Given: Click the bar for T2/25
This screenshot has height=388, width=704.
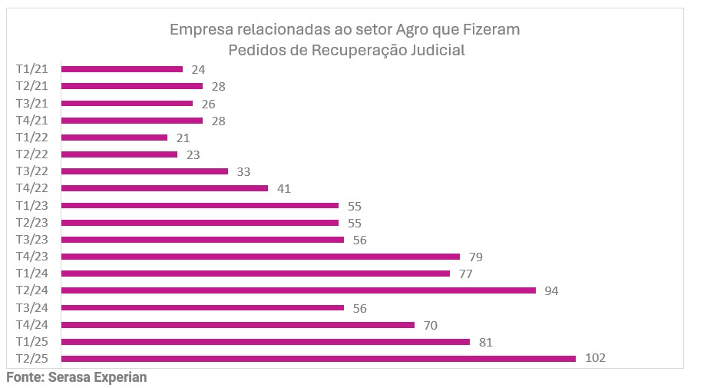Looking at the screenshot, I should pos(318,358).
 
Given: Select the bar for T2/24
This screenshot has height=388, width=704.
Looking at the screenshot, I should pos(298,290).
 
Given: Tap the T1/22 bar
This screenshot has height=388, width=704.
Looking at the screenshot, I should pos(114,138).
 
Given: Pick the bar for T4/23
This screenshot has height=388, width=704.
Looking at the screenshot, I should pos(260,257).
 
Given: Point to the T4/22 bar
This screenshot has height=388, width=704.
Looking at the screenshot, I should pos(164,188).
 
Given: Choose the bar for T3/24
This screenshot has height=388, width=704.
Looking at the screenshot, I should pos(203,307).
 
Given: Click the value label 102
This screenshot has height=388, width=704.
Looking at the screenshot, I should pos(595,359).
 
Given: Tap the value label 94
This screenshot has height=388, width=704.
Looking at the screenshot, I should pos(550,291).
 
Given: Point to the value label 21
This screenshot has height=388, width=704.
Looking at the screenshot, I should pos(182,138).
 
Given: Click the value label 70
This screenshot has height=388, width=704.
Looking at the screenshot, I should pos(430,325).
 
